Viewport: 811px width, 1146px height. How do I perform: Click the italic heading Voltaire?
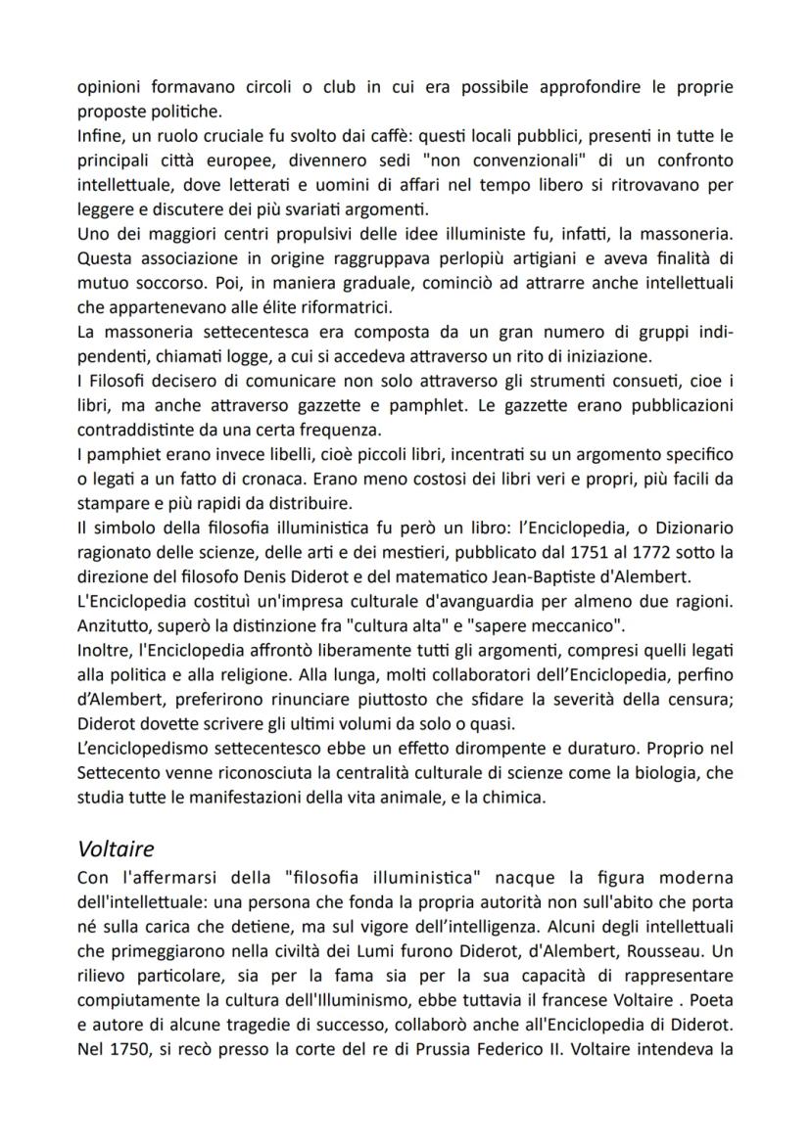[x=116, y=850]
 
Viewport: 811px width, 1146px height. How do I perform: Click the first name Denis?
[x=294, y=577]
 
